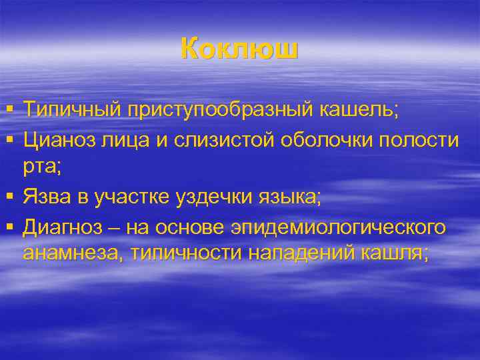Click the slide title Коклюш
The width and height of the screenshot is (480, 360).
pyautogui.click(x=239, y=50)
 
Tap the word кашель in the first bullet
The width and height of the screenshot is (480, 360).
pyautogui.click(x=363, y=109)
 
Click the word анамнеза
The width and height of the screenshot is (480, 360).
pyautogui.click(x=73, y=254)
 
